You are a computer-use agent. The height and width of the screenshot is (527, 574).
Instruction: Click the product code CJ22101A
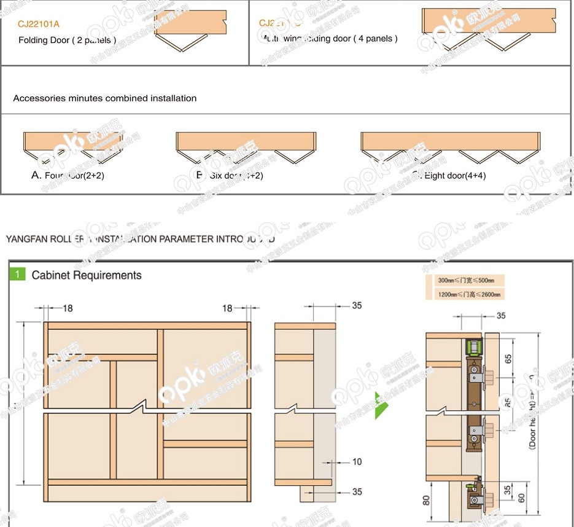[39, 25]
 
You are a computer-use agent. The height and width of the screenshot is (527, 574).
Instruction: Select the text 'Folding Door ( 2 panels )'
[67, 40]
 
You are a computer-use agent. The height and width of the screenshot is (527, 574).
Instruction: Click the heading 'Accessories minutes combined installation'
[105, 98]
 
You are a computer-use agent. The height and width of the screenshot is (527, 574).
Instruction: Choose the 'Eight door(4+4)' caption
[454, 175]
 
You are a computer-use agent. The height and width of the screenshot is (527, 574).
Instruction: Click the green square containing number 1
[18, 274]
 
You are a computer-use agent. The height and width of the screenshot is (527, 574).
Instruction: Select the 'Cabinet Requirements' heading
[87, 275]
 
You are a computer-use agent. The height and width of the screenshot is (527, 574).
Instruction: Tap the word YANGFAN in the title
[26, 239]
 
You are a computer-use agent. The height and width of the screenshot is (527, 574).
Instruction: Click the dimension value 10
[357, 462]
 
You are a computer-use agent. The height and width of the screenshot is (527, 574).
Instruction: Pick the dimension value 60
[522, 498]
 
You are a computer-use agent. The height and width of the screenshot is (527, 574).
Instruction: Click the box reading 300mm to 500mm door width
[465, 280]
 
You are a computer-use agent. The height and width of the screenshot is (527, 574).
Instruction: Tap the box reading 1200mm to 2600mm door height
[465, 294]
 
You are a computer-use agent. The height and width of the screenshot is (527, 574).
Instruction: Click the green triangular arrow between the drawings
[381, 404]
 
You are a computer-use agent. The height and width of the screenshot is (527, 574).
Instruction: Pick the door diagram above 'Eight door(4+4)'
[449, 147]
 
